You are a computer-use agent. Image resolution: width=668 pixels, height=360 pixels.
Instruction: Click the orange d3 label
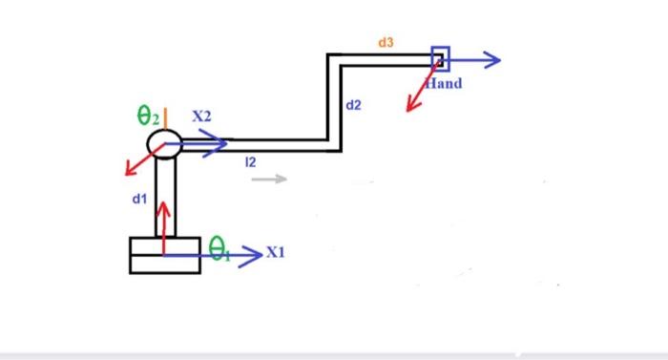tap(386, 43)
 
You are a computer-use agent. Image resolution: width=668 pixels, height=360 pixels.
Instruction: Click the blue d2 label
tap(353, 104)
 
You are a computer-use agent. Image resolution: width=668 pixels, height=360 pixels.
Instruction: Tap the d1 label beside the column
tap(139, 199)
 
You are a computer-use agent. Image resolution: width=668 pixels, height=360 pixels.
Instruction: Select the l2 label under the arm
tap(250, 164)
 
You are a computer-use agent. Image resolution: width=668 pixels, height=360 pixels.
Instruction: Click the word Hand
tap(444, 84)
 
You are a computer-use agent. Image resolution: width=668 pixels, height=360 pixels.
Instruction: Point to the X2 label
tap(201, 116)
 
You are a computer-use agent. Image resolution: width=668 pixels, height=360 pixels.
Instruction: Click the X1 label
tap(276, 253)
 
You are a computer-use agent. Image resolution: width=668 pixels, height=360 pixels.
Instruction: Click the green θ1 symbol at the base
tap(219, 251)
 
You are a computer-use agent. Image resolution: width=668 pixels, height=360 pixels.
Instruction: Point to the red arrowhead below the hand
tap(412, 104)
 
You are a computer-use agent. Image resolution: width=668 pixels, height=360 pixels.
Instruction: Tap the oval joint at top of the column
tap(165, 144)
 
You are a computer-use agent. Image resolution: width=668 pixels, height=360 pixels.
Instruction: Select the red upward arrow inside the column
tap(165, 215)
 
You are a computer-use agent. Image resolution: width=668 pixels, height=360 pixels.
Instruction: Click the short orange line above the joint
tap(165, 117)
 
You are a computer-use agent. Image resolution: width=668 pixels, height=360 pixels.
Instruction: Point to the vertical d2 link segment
tap(334, 100)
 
